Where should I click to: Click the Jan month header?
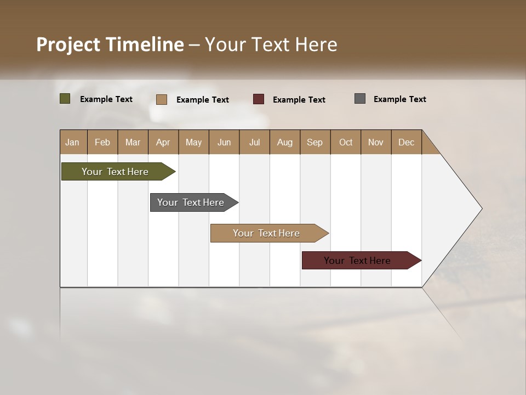pos(73,142)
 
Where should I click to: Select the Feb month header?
pos(102,142)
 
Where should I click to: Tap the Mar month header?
pos(133,142)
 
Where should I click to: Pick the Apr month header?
pos(163,142)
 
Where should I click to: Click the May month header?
pos(193,142)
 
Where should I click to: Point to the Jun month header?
pos(224,142)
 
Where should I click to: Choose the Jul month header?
pos(254,142)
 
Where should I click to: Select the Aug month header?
pos(285,142)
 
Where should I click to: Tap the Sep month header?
pos(315,142)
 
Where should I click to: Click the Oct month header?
pos(346,142)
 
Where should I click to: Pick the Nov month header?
pos(376,142)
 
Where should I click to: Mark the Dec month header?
pos(407,142)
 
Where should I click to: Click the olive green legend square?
pos(65,99)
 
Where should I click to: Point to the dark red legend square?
pos(259,99)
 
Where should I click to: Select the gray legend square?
pos(360,99)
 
